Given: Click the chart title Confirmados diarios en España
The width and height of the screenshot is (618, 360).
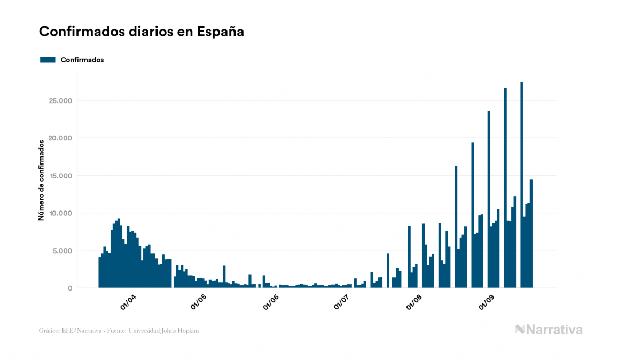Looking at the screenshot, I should pos(142,32).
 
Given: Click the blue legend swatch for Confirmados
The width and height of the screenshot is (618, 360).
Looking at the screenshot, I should pos(48,60).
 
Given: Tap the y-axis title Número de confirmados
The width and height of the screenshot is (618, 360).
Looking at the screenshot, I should pos(41,181).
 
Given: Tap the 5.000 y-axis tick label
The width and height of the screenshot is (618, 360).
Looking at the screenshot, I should pos(63,251).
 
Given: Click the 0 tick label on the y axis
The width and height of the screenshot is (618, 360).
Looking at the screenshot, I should pos(70,288).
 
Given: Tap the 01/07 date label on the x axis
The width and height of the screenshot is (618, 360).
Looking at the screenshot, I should pos(342,302).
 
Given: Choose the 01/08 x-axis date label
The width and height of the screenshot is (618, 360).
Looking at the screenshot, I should pos(414,302).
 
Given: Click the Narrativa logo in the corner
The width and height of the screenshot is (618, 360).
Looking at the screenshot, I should pos(549,330).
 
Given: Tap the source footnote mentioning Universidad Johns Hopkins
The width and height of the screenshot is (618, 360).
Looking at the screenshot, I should pos(119,331).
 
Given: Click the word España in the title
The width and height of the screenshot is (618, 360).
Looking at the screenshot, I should pos(221,32).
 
